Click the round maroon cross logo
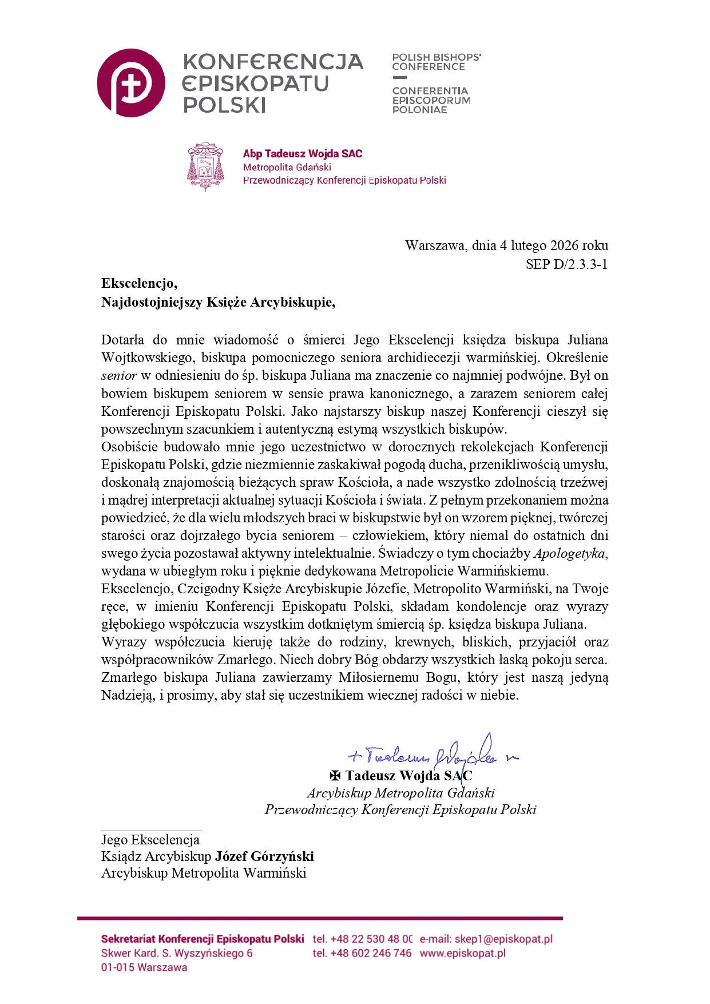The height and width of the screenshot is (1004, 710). coord(131,83)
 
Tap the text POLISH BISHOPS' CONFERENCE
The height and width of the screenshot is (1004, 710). coord(436,62)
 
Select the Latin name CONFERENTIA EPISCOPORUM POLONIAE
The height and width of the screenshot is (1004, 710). coord(431,100)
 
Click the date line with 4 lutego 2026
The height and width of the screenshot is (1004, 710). coord(506,245)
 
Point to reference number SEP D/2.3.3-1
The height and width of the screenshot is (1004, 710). coord(566,264)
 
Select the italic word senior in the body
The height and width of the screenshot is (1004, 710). coord(119,376)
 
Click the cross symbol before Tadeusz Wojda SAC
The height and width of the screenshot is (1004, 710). coord(335,776)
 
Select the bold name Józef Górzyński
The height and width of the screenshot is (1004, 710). coord(264,856)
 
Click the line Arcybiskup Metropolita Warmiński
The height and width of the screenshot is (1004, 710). coord(204,873)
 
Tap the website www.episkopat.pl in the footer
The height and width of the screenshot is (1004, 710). coord(462,953)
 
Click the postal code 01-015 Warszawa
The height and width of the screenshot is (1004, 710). coord(144,967)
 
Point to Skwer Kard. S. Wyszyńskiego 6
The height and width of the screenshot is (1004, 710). coord(177,953)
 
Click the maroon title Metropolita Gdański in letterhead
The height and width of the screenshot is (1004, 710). coord(287,167)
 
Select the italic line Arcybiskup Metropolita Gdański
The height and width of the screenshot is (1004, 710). coord(400,793)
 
